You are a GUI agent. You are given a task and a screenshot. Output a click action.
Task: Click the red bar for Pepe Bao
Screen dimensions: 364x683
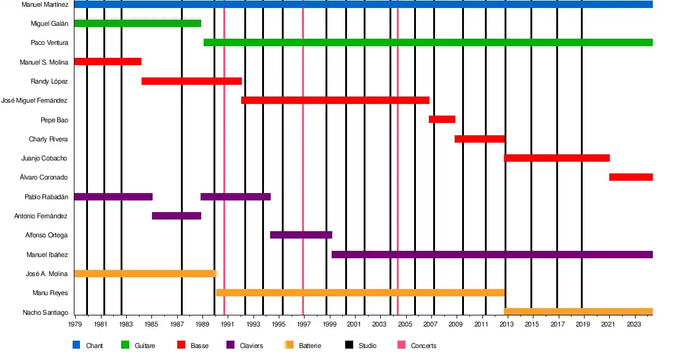point(442,119)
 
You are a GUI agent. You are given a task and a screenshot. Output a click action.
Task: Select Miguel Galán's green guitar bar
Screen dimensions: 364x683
point(137,23)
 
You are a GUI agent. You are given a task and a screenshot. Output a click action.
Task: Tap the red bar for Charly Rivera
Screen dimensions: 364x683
point(479,139)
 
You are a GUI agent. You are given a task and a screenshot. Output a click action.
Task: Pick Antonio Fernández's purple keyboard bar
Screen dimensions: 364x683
point(176,216)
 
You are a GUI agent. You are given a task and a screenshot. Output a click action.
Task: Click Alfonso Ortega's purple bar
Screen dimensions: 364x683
point(301,235)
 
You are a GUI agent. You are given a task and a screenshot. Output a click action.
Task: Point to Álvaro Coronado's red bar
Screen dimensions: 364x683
point(631,177)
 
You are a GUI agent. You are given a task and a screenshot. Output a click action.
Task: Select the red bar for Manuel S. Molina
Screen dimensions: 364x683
point(108,61)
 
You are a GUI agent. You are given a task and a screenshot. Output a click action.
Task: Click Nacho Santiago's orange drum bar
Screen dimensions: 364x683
point(578,312)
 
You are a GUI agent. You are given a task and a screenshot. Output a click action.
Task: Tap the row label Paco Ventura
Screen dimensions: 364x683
point(49,43)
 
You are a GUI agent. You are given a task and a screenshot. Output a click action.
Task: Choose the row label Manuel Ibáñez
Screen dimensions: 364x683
point(47,255)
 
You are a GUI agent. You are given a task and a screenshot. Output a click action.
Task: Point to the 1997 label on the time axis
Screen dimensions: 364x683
point(303,324)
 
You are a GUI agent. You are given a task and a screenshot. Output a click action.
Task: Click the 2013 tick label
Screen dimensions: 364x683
point(506,324)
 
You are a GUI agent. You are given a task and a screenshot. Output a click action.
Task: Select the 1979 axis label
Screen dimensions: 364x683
point(75,324)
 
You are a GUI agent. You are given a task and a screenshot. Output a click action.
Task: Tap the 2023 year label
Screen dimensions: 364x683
point(633,324)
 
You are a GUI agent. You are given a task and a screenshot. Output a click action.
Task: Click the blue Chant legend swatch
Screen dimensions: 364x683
point(76,345)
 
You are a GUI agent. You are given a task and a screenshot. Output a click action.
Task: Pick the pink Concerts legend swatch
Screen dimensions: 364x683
point(401,345)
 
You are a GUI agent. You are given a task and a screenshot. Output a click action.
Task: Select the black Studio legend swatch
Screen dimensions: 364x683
point(349,345)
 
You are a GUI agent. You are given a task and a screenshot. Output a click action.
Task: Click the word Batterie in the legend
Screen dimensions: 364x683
point(310,346)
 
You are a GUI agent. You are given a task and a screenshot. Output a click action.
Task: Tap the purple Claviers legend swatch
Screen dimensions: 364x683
point(230,345)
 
